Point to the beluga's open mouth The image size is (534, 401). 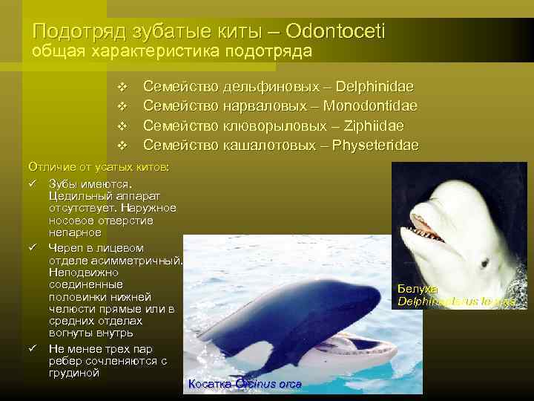pos(429,228)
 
